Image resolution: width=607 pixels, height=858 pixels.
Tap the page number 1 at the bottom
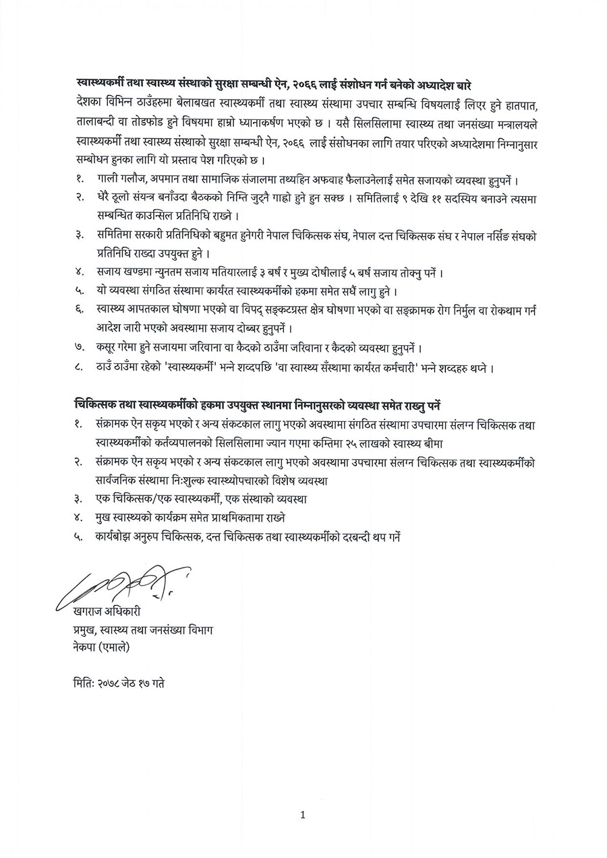pos(303,815)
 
